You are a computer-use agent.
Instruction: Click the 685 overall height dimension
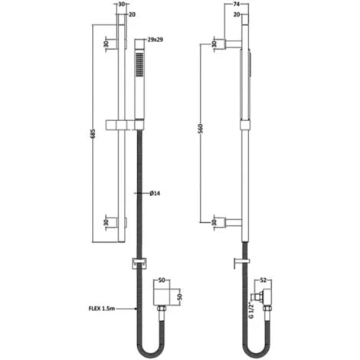[92, 135]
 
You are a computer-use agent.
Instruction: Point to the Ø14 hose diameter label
[153, 194]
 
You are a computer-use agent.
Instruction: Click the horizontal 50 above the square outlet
[161, 281]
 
